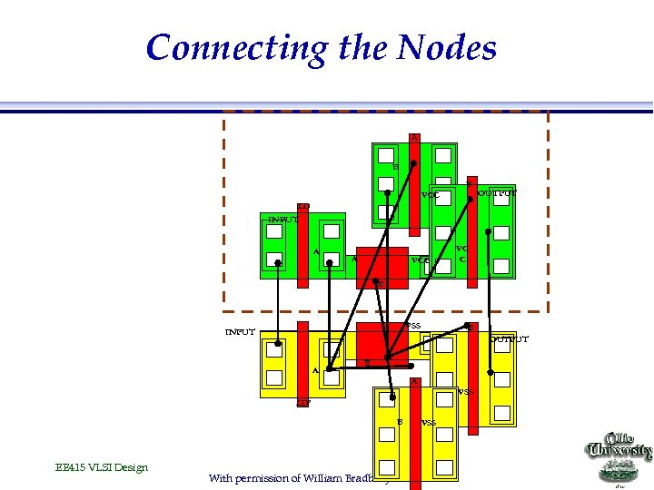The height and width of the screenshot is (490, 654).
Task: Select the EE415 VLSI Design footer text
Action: tap(101, 467)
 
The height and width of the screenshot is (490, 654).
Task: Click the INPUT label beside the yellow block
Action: tap(240, 331)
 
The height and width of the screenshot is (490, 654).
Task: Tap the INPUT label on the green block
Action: tap(282, 220)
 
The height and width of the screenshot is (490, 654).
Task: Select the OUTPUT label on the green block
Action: tap(498, 193)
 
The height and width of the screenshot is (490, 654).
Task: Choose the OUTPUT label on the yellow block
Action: tap(509, 339)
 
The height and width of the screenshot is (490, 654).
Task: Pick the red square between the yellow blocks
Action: tap(381, 341)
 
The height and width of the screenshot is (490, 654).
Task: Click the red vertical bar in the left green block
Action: tap(303, 245)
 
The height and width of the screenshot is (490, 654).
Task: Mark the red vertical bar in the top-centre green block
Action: tap(414, 181)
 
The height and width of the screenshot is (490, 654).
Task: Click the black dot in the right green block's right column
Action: tap(489, 232)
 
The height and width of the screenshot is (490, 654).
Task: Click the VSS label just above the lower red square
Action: tap(413, 326)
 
